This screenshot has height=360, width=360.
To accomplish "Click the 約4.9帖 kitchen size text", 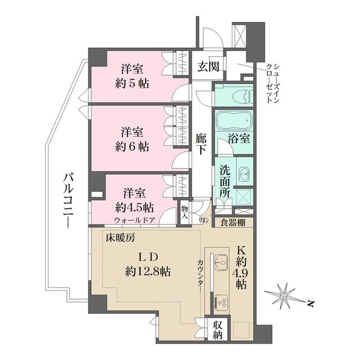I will (x=241, y=272).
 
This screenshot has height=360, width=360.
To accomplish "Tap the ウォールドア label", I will (x=134, y=219).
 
